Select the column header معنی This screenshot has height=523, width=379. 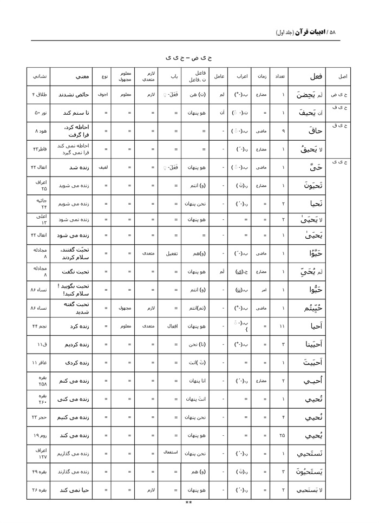74,76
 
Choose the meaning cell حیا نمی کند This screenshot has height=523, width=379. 74,490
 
